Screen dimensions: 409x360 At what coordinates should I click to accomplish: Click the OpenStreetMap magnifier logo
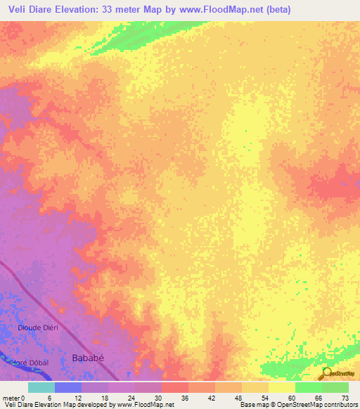point(327,372)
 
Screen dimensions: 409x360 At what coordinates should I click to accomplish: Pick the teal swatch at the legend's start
point(41,387)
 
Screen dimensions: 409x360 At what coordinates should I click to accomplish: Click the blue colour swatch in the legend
point(68,387)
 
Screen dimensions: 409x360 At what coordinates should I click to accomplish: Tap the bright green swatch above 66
point(308,387)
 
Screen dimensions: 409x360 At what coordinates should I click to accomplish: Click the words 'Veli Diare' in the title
point(33,11)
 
